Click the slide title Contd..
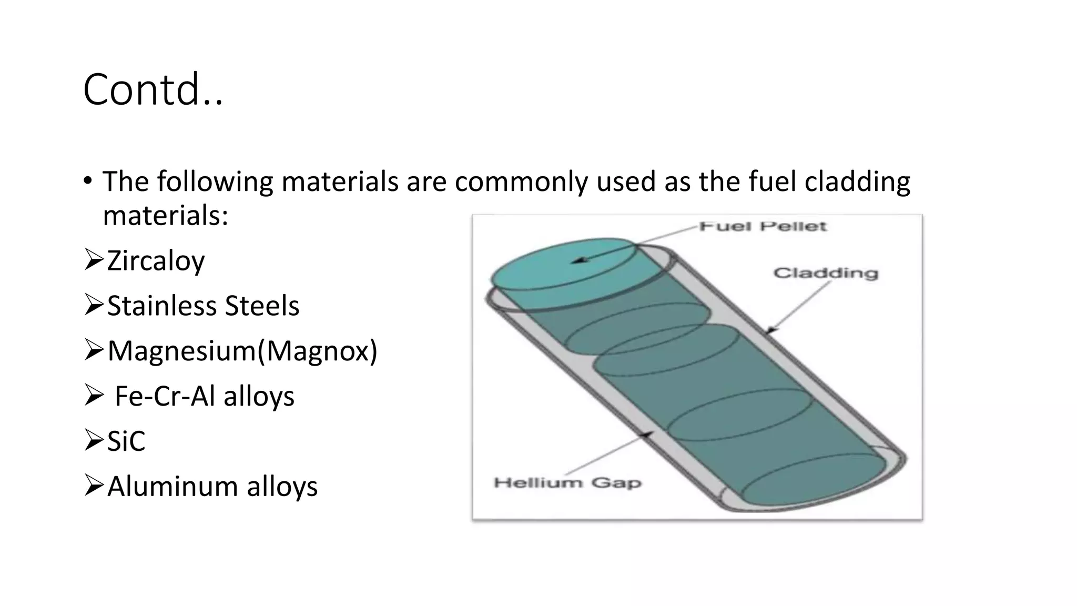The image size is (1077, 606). [153, 89]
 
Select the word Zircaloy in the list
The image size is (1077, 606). [156, 261]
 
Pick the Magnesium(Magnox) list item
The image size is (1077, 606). [242, 351]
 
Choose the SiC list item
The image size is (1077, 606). [126, 441]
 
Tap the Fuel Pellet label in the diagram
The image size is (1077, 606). [763, 227]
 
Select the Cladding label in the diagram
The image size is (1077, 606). [826, 273]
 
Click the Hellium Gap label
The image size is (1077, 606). [567, 482]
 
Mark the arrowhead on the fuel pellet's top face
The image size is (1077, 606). [577, 260]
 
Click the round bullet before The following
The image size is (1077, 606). [87, 181]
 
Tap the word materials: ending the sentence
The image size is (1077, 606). [166, 216]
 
